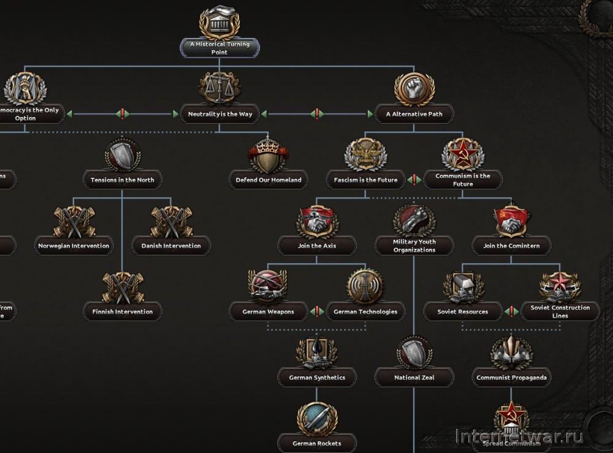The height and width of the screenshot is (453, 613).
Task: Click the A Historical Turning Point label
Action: click(x=219, y=48)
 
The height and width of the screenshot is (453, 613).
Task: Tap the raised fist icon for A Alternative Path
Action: click(x=414, y=88)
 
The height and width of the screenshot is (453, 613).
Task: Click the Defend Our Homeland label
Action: click(x=268, y=180)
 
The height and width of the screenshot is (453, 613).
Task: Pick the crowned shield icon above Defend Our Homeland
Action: click(x=268, y=154)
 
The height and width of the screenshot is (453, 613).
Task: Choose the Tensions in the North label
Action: click(x=122, y=180)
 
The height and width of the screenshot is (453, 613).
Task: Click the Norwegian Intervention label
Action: click(x=74, y=246)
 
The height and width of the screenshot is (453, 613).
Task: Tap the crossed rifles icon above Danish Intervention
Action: click(x=171, y=221)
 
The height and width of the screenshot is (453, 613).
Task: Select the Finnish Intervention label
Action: click(x=122, y=311)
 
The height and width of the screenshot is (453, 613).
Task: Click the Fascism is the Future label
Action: click(x=365, y=180)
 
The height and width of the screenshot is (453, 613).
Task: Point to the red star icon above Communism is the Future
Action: click(x=463, y=153)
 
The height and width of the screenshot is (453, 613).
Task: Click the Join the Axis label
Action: click(x=317, y=246)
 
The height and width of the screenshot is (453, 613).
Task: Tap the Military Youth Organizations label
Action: click(x=414, y=246)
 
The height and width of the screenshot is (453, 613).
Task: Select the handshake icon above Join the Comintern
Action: click(x=512, y=221)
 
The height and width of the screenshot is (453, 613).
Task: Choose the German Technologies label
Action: click(x=365, y=311)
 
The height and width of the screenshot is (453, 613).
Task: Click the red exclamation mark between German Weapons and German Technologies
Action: click(x=317, y=311)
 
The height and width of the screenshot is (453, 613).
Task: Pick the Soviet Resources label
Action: click(x=463, y=311)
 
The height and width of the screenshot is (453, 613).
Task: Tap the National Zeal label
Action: click(x=414, y=378)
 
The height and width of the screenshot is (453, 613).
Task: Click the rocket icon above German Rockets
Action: click(x=317, y=419)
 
